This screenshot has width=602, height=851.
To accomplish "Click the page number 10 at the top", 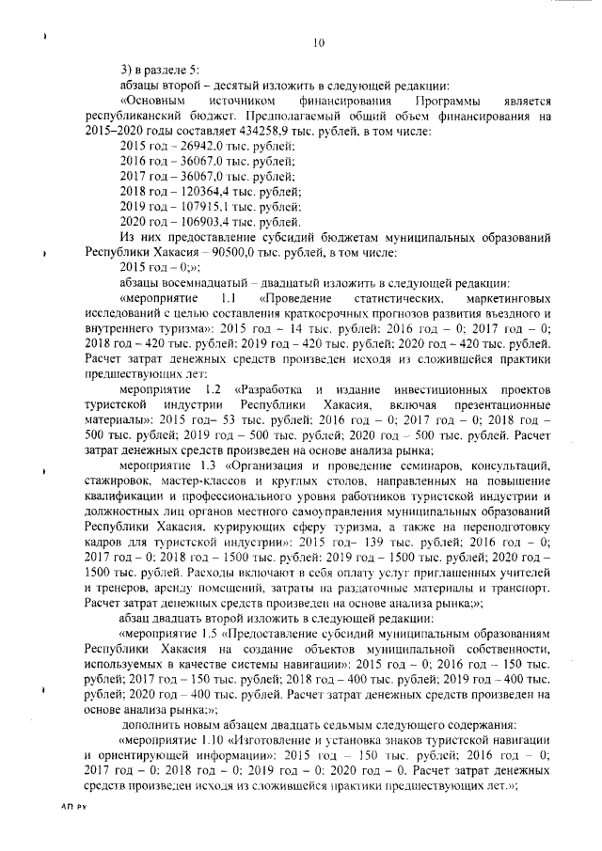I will (x=317, y=41).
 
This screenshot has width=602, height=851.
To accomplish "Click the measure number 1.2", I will (x=211, y=388).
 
